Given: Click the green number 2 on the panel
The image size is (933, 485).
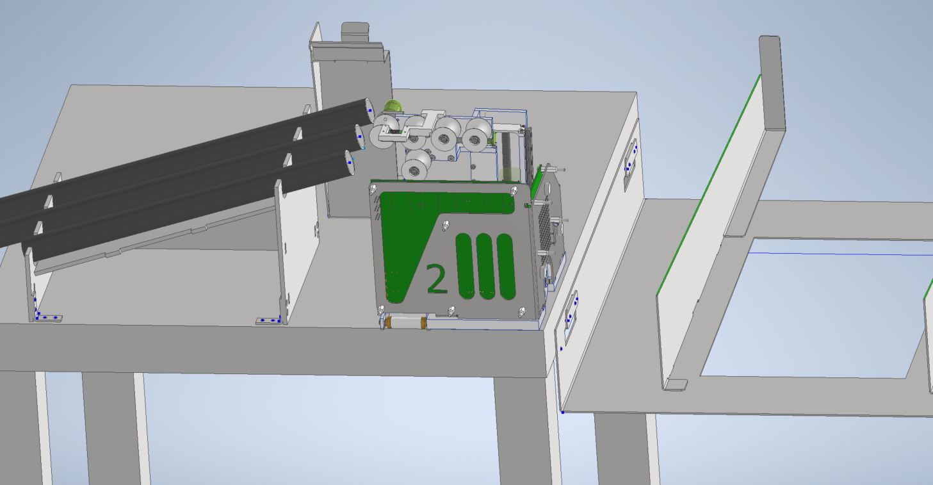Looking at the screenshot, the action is coord(437,279).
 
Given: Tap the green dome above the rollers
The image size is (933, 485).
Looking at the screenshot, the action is coord(393,106).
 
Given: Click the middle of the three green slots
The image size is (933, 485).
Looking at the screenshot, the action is coord(485,267).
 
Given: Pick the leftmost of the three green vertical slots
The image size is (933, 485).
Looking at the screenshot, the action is coord(466,266).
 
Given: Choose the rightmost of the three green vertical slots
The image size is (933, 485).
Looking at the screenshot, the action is coord(506,267).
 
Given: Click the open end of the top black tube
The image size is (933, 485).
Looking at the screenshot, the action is coord(369,110).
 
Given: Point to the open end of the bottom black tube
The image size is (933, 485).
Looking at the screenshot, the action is coord(350,162).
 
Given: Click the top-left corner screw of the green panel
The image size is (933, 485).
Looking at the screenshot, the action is coord(373,190).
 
